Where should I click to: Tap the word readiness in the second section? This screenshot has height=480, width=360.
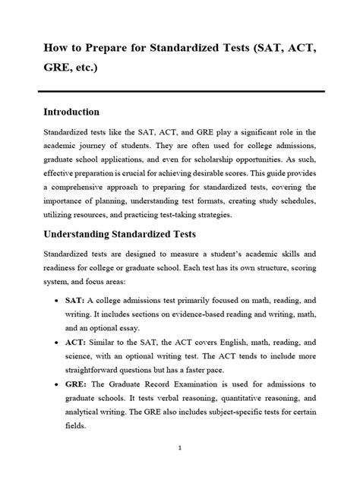coord(65,270)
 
